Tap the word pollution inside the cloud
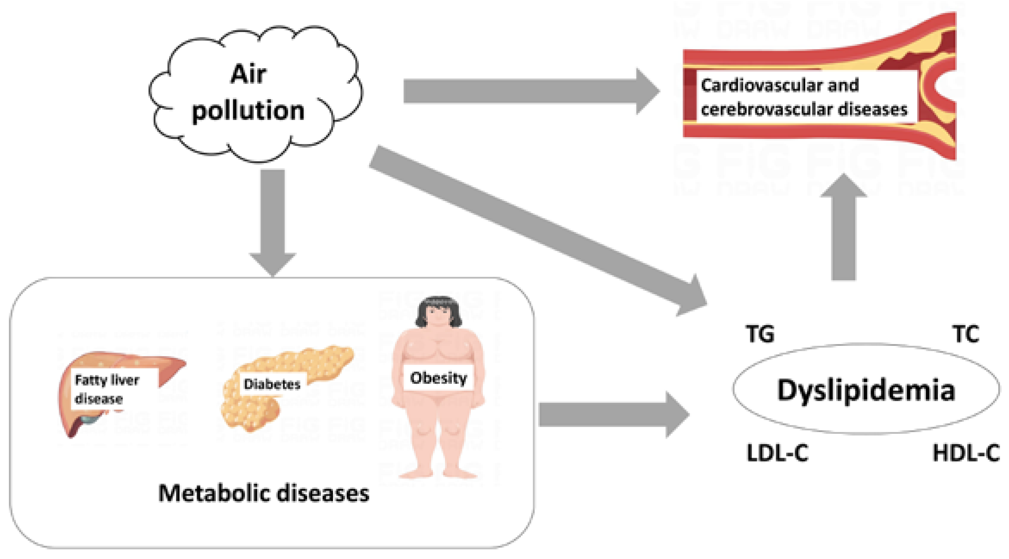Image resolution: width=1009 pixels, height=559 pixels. [x=248, y=110]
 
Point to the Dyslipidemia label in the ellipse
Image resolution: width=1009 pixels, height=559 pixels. [x=866, y=390]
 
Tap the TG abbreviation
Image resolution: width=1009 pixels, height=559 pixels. [x=760, y=334]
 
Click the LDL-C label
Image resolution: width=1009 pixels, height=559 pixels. [x=777, y=453]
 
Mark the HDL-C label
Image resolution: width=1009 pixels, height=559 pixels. [x=966, y=453]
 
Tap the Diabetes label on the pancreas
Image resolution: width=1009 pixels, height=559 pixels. [x=272, y=383]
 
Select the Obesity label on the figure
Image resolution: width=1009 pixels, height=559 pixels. [x=439, y=378]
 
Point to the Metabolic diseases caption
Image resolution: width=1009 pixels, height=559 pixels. [x=263, y=493]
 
